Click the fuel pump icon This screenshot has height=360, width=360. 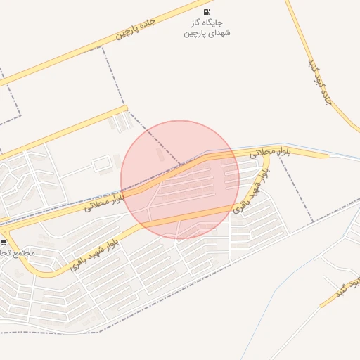click(x=206, y=12)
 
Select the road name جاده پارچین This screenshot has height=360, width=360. click(x=135, y=30)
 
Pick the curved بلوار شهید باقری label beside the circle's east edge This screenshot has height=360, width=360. click(x=250, y=193)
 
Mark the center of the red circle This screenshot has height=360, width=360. click(x=180, y=179)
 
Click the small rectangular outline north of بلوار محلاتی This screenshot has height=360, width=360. click(x=103, y=165)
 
